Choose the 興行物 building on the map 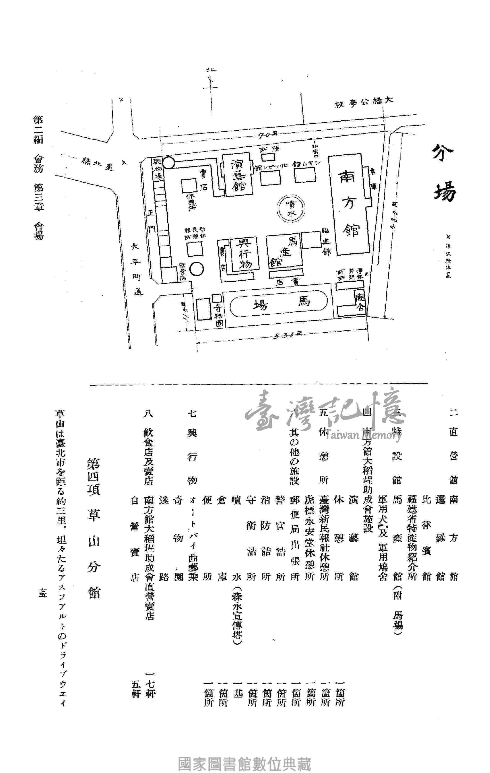243,254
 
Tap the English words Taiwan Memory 363,435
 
